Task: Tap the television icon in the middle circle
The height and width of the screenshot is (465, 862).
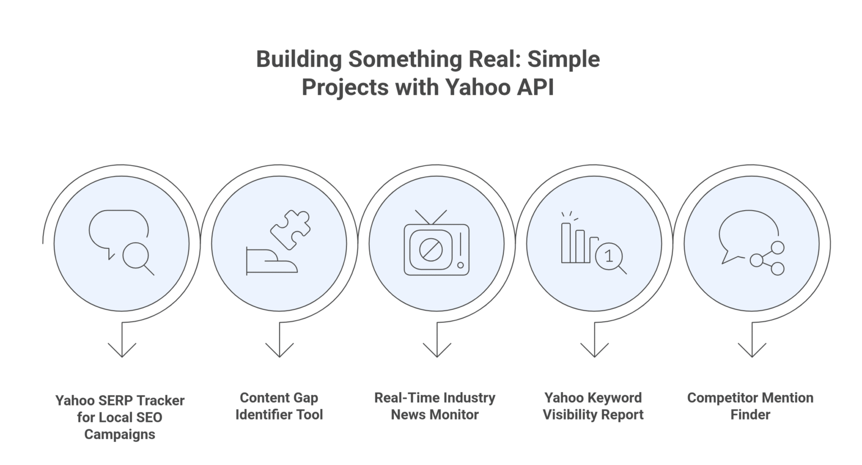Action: click(x=436, y=244)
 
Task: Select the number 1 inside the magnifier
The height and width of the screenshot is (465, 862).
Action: click(x=609, y=257)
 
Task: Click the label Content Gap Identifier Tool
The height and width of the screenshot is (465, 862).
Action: click(x=279, y=406)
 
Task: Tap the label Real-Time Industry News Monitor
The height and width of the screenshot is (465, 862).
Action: click(x=435, y=406)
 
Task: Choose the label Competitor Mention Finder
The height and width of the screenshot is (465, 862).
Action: click(x=750, y=406)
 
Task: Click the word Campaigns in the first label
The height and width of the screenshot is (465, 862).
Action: click(x=120, y=434)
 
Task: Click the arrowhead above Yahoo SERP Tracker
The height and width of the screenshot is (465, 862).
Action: click(x=122, y=350)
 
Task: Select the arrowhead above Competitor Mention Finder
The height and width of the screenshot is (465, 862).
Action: click(x=751, y=350)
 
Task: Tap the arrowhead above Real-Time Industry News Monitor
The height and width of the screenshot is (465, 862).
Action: click(x=437, y=350)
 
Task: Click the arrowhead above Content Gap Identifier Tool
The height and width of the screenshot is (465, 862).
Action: click(x=279, y=350)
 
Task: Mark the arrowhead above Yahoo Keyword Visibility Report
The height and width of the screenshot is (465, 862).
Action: click(x=594, y=350)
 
